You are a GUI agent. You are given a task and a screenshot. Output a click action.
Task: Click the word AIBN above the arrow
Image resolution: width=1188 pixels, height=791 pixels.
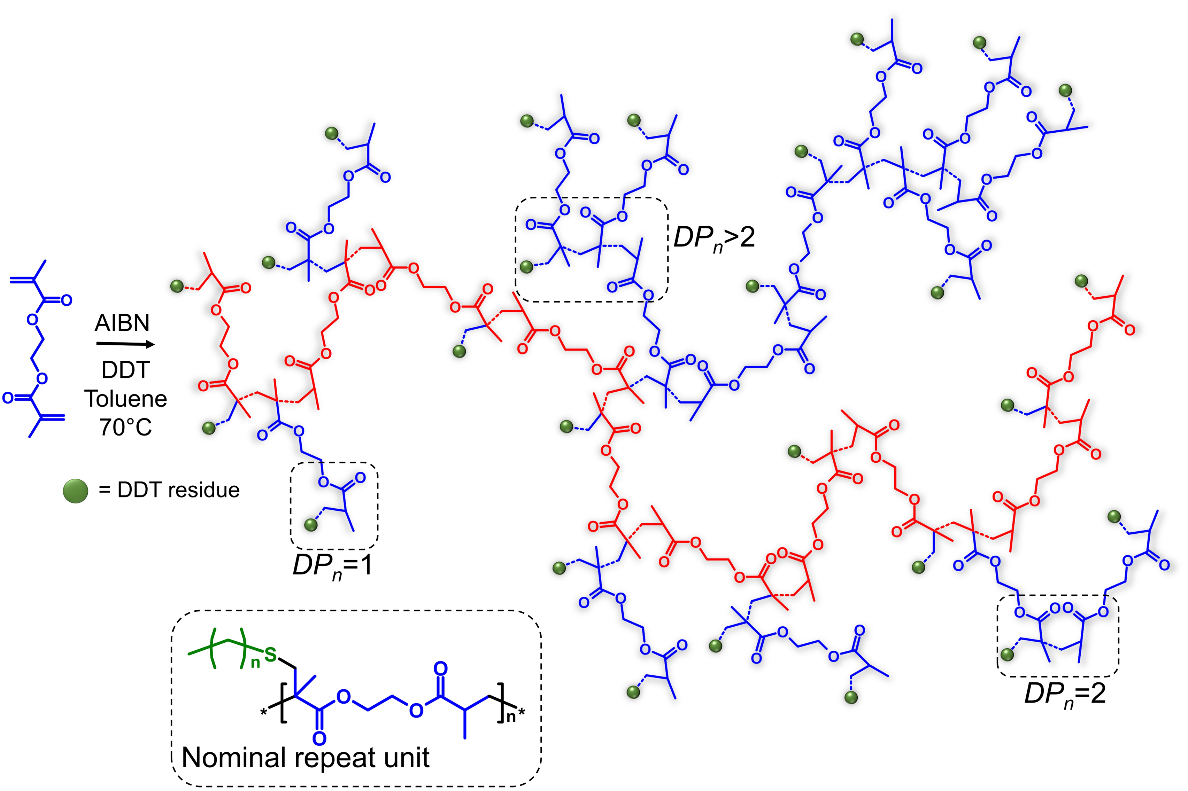122,323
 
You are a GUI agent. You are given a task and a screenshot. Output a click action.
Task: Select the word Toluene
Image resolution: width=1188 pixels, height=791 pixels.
126,399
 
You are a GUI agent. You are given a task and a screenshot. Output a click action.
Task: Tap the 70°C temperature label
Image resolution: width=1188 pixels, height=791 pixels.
126,427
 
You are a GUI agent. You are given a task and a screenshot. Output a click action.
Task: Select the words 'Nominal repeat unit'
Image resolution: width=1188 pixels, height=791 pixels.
305,758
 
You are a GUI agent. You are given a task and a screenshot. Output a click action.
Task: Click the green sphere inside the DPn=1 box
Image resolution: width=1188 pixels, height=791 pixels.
311,525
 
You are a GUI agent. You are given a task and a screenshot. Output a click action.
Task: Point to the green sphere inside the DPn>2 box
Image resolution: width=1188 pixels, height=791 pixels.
526,266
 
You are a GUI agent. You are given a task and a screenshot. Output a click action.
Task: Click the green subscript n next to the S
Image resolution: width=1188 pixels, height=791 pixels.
255,663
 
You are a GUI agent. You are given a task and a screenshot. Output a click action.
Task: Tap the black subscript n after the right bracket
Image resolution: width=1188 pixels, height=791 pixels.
511,716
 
